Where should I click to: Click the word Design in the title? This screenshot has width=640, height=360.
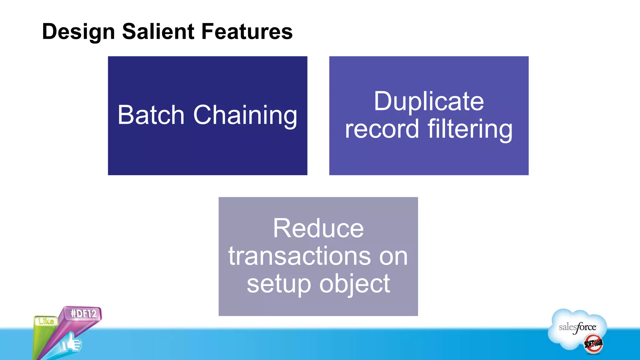[78, 32]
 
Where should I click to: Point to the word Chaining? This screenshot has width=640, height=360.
[245, 116]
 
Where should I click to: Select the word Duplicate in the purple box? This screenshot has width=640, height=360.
[429, 102]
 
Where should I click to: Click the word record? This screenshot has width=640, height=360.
[382, 129]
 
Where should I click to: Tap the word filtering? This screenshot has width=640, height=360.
[470, 129]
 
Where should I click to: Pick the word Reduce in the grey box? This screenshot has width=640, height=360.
[318, 228]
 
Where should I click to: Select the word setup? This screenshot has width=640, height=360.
[279, 284]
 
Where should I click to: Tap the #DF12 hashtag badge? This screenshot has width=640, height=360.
[83, 313]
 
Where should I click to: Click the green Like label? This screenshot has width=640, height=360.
[46, 321]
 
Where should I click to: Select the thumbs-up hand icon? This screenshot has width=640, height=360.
[71, 343]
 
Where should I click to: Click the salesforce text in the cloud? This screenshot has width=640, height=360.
[577, 327]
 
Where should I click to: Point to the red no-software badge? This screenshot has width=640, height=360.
[593, 344]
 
